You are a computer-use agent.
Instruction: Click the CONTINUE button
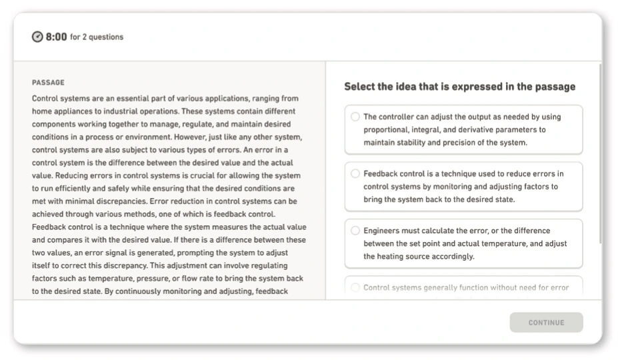[546, 323]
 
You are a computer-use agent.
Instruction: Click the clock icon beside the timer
[38, 37]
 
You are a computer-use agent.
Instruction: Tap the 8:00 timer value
[56, 37]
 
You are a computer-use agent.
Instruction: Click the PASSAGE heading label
[48, 83]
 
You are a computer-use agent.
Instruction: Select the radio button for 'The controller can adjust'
[355, 117]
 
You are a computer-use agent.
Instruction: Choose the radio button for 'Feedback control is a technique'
[355, 174]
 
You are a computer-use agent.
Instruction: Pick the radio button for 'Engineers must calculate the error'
[355, 231]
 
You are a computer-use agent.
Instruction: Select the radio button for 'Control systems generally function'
[355, 288]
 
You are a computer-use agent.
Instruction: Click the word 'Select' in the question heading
[360, 87]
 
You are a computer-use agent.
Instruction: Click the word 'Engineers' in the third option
[383, 231]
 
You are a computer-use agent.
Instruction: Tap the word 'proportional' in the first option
[386, 129]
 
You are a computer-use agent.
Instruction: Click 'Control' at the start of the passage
[45, 98]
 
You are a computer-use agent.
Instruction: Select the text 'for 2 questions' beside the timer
[97, 37]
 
